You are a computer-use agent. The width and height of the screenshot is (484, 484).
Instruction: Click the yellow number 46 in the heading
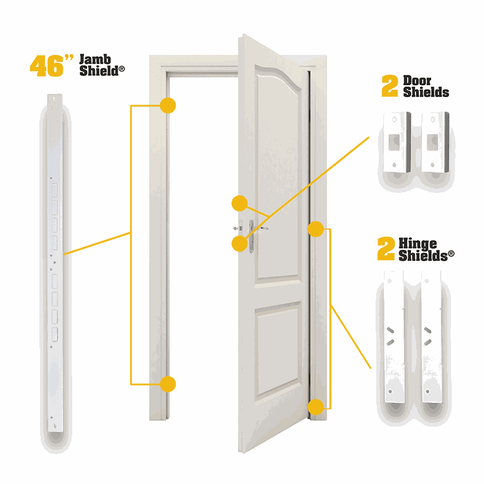[47, 66]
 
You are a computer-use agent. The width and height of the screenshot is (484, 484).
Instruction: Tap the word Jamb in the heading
[95, 59]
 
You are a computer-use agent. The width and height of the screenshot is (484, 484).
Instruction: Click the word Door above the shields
[417, 81]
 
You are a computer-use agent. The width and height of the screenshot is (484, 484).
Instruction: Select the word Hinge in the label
[418, 244]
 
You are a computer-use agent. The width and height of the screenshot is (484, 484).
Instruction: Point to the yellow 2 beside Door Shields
[390, 86]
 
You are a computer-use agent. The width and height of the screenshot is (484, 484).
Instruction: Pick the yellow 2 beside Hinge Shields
[386, 248]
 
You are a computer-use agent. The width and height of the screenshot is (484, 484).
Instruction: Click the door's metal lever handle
[256, 234]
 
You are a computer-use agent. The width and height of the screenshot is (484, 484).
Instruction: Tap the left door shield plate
[397, 142]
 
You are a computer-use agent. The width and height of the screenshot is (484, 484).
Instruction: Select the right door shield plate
[435, 142]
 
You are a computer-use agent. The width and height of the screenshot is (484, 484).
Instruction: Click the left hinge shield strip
[394, 336]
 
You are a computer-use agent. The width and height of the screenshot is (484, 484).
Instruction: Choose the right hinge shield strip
[432, 336]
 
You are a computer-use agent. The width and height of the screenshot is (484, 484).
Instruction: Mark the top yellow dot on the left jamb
[168, 106]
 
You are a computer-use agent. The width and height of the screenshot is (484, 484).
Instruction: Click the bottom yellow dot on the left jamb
[168, 384]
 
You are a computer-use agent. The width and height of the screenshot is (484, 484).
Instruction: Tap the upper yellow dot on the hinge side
[316, 229]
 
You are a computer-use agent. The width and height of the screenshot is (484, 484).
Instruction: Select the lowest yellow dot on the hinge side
[316, 407]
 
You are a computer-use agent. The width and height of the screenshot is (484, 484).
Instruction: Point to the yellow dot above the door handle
[239, 203]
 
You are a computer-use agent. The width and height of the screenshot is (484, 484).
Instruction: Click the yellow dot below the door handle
[239, 244]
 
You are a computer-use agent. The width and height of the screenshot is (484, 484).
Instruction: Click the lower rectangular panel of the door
[277, 348]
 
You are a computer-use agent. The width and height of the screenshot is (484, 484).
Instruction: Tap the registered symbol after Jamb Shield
[121, 69]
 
